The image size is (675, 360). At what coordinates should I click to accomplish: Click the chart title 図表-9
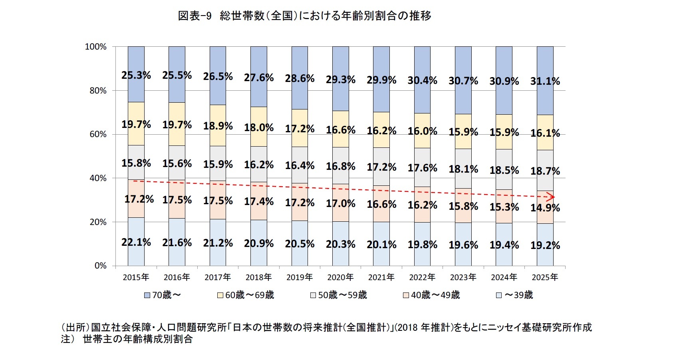coord(195,16)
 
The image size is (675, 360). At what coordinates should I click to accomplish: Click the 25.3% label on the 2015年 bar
coord(136,75)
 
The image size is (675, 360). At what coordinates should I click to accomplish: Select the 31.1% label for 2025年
coord(545,81)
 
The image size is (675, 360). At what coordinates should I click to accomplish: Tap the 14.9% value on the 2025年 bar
coord(545,208)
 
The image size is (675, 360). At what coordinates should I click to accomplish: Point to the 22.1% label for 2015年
coord(136,242)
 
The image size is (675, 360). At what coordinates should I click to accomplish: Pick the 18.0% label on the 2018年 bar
coord(259,128)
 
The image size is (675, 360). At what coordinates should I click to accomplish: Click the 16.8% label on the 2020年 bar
coord(341,166)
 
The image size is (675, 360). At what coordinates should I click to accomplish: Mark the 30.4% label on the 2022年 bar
coord(422,81)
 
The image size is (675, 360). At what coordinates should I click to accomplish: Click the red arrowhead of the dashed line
coord(551,197)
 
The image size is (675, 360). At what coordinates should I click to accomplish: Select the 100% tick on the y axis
coord(96,47)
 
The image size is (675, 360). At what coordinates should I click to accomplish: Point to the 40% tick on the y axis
coord(98,178)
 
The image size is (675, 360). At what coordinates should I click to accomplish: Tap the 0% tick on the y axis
coord(100,266)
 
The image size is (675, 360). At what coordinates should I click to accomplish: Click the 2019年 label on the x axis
coord(300,277)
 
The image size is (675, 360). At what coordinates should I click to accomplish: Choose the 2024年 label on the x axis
coord(504,277)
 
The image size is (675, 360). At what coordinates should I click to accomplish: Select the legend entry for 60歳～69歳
coord(245,295)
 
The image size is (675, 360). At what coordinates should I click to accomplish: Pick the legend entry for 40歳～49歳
coord(431,295)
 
